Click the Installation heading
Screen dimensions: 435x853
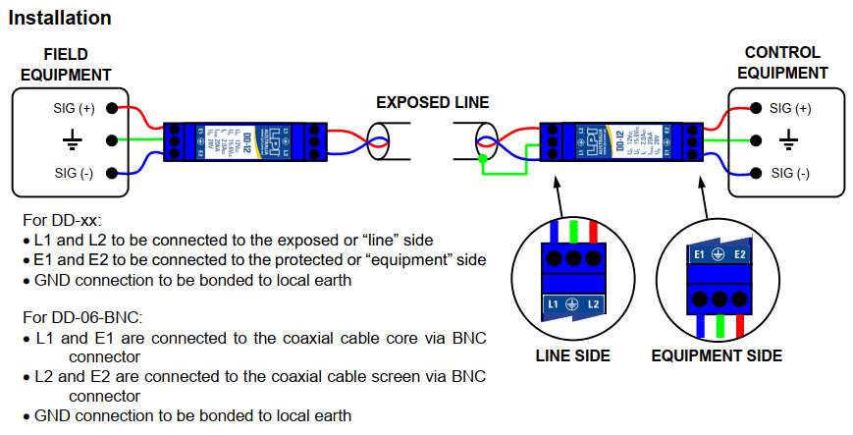pos(60,18)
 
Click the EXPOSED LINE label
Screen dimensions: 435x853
pos(433,102)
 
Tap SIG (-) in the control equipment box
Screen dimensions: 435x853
pos(790,174)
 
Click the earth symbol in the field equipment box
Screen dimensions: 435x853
pos(72,141)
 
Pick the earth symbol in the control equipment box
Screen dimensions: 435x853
pos(788,141)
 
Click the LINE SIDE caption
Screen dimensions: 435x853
pos(573,355)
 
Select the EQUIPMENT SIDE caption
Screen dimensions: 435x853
pos(717,355)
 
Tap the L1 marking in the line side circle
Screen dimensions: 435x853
pos(556,305)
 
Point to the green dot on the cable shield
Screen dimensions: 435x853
pos(482,157)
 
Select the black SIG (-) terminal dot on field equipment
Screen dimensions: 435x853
pos(113,174)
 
